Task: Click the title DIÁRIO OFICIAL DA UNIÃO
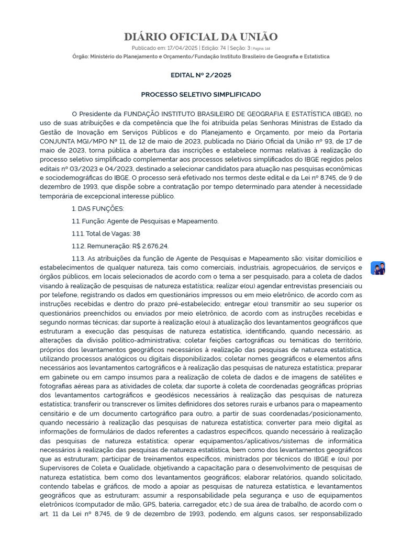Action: click(201, 37)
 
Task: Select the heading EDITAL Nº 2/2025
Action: click(201, 75)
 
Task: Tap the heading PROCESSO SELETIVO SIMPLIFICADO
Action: click(201, 94)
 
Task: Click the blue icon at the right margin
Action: click(378, 268)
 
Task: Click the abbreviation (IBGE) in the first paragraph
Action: click(343, 114)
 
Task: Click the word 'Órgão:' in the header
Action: click(82, 57)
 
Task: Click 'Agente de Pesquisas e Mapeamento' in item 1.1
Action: click(163, 221)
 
